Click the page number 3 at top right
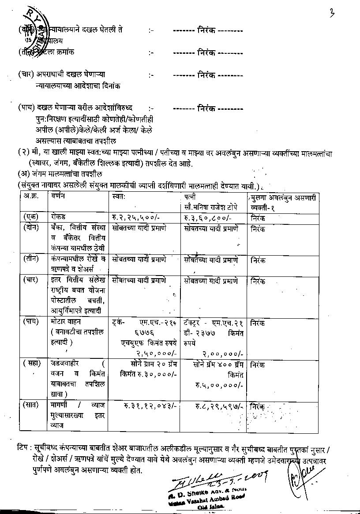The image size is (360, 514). (x=332, y=13)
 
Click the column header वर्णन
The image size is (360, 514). (x=58, y=196)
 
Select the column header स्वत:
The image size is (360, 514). (x=119, y=196)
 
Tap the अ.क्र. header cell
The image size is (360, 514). (x=31, y=196)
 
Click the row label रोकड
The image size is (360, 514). (x=58, y=217)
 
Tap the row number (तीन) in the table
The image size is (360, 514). (x=31, y=259)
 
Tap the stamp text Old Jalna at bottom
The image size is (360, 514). (x=211, y=507)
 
